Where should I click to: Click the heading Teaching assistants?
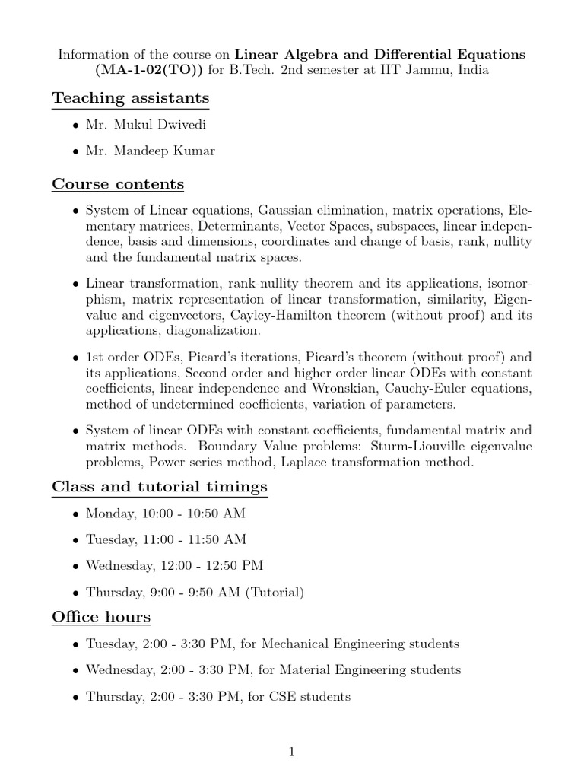coord(130,98)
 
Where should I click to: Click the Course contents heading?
coord(118,184)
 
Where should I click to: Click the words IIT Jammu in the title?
coord(429,71)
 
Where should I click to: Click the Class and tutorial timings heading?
coord(159,486)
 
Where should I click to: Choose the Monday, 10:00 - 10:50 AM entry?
coord(165,514)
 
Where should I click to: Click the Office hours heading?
coord(101,616)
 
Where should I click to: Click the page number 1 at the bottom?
coord(292,753)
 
